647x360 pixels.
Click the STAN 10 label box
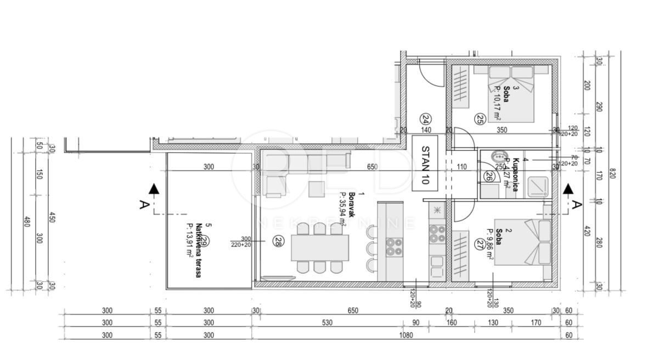(x=425, y=163)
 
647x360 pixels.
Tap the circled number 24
(x=425, y=119)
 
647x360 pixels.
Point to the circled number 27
(x=481, y=244)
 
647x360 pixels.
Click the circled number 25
(x=480, y=119)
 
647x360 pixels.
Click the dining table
(x=320, y=248)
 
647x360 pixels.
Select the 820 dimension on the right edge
(x=613, y=173)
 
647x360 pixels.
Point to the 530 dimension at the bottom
(x=327, y=323)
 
